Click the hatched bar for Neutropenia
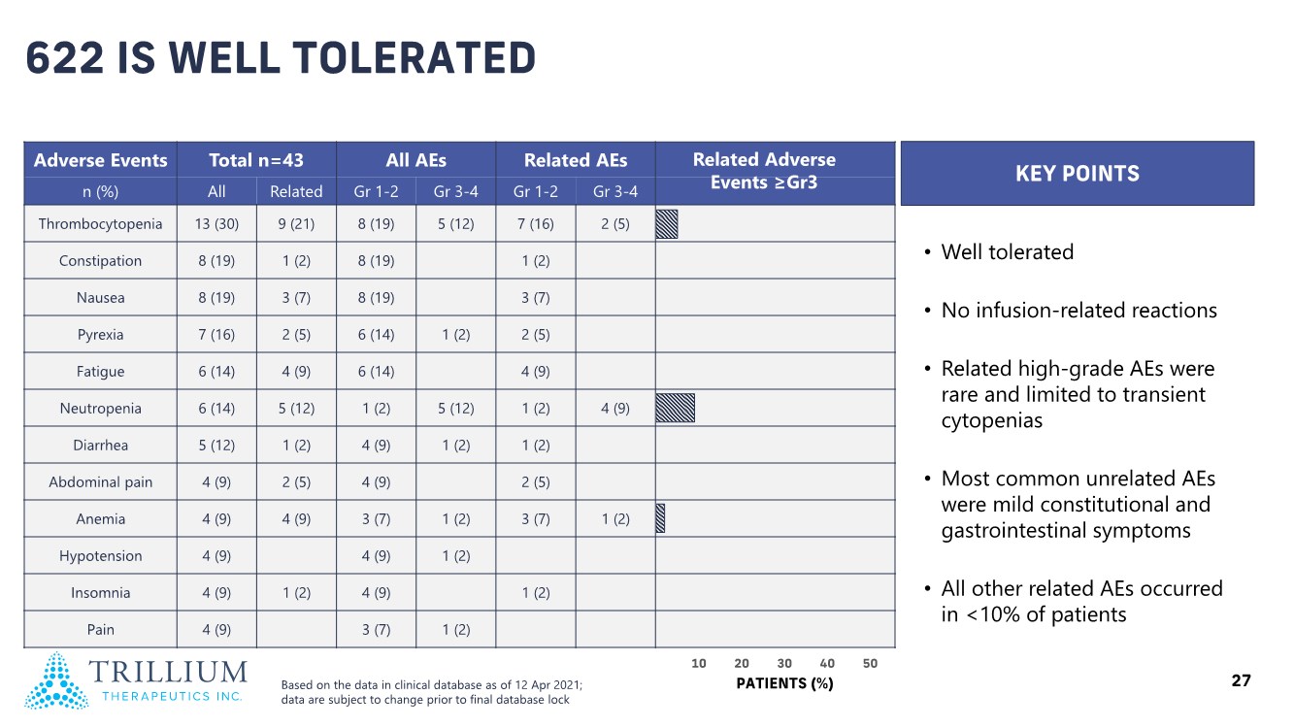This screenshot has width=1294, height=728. tap(676, 409)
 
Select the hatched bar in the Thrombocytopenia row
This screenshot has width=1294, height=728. tap(667, 224)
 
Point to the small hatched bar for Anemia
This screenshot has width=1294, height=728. tap(660, 518)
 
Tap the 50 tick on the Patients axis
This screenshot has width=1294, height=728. tap(870, 664)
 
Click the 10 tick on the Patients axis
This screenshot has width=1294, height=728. tap(698, 664)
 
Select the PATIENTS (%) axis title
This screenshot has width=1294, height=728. tap(784, 683)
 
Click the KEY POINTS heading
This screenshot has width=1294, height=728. tap(1077, 174)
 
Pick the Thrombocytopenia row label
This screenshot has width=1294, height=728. tap(100, 224)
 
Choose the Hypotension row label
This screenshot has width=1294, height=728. tap(100, 556)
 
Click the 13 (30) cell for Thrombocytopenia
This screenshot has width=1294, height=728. tap(216, 224)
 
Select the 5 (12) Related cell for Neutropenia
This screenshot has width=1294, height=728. tap(296, 409)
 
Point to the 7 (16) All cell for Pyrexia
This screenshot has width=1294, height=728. tap(216, 335)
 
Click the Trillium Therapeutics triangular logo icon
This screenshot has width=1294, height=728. tap(56, 680)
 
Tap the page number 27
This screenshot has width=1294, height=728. tap(1241, 681)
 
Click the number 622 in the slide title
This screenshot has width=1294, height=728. tap(65, 59)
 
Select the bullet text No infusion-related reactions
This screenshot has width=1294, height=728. tap(1078, 311)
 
